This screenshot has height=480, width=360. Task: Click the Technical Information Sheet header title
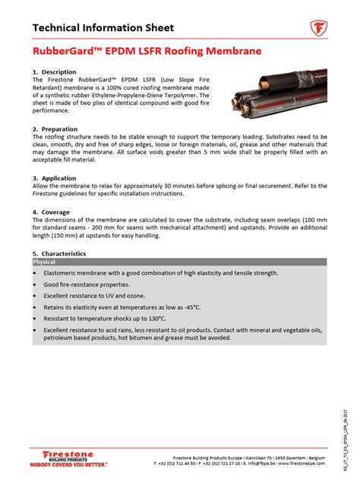coord(103,29)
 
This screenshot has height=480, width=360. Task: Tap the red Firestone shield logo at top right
coord(318,30)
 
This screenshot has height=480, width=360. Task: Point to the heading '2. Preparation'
coord(55,129)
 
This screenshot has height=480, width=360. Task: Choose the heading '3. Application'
coord(55,178)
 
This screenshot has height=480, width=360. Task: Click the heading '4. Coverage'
coord(52,212)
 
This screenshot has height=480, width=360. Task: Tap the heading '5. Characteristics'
coord(59,254)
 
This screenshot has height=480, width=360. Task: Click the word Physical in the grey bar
coord(44,261)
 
